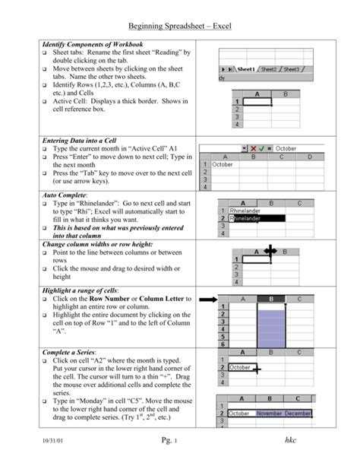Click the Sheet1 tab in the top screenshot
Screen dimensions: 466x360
click(x=245, y=69)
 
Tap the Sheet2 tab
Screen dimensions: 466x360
click(x=269, y=69)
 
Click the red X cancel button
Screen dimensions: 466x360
click(x=254, y=149)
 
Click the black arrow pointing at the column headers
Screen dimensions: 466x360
click(x=207, y=300)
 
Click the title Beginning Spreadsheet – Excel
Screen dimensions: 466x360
click(x=179, y=27)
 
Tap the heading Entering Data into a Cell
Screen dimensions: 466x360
click(x=84, y=141)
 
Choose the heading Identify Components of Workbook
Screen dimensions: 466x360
click(x=92, y=45)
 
